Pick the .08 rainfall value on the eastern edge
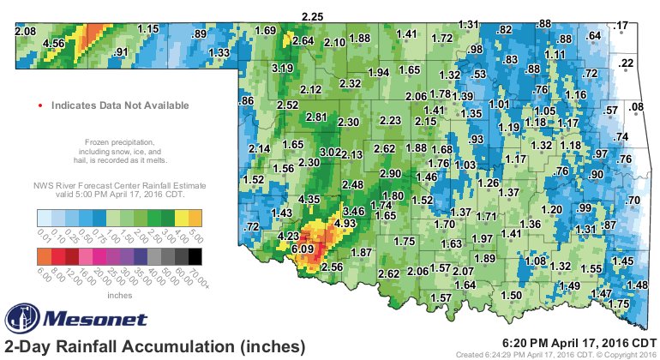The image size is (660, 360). pyautogui.click(x=636, y=107)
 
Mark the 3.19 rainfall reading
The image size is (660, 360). pyautogui.click(x=283, y=68)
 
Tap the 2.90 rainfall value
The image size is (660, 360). pyautogui.click(x=390, y=174)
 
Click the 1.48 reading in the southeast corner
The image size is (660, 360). pyautogui.click(x=637, y=285)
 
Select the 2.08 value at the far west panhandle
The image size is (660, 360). pyautogui.click(x=26, y=32)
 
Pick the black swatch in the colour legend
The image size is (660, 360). pyautogui.click(x=196, y=256)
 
